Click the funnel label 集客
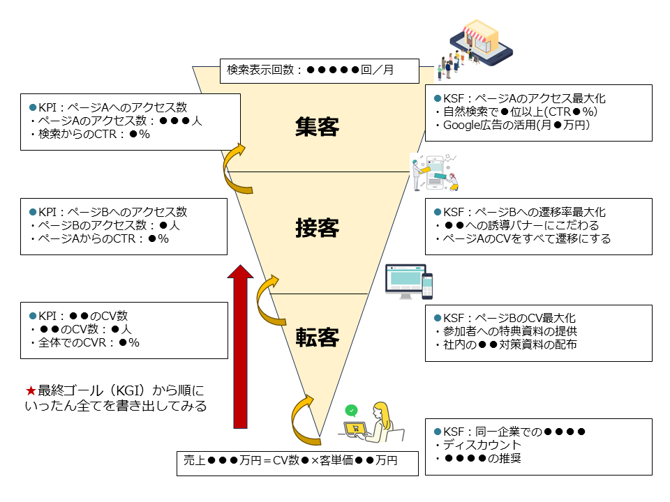(x=317, y=128)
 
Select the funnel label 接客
(x=317, y=228)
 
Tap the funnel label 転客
(x=317, y=337)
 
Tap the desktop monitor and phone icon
(x=409, y=282)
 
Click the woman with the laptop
(x=373, y=423)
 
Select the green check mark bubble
(x=352, y=411)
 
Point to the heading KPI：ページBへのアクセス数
(x=107, y=212)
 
